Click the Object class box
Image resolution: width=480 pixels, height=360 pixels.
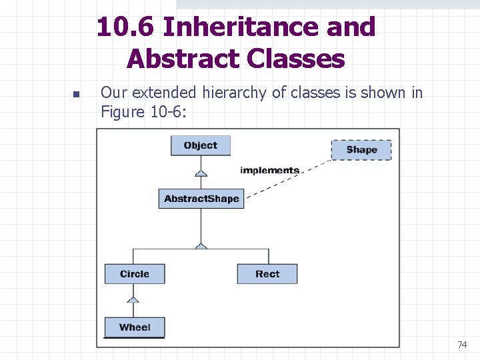pos(200,146)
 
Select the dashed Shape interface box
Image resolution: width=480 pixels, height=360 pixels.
pos(361,150)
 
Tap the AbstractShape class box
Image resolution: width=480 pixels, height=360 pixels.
pos(201,199)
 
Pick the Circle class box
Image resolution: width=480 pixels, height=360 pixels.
pos(135,274)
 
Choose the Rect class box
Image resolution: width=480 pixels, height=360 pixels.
pos(267,274)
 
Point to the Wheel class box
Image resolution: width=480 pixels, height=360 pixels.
pos(135,327)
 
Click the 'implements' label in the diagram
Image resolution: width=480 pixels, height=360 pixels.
pos(269,171)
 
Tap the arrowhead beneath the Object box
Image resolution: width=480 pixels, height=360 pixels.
pos(201,173)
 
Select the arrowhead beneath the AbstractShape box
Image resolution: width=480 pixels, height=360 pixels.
pos(201,245)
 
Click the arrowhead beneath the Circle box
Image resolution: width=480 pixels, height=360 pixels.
pos(133,299)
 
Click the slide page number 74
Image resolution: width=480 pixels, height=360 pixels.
pos(462,345)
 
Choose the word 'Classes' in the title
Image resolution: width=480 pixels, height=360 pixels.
pos(295,59)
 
